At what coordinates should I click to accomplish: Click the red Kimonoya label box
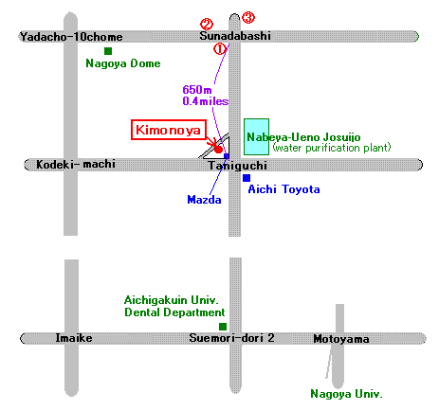(169, 130)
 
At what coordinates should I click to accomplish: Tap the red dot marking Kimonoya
(218, 149)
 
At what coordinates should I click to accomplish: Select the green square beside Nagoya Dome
(108, 51)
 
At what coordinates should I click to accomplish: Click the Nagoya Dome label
(123, 63)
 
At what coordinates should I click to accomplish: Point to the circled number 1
(220, 49)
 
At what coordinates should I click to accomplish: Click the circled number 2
(207, 24)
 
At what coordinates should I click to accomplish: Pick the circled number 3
(248, 17)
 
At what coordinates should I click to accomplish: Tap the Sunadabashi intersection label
(235, 36)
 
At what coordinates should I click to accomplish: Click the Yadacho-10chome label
(71, 37)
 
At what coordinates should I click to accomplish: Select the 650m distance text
(197, 90)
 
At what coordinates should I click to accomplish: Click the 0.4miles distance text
(206, 101)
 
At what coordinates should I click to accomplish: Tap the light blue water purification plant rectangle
(256, 136)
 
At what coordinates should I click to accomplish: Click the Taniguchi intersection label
(238, 166)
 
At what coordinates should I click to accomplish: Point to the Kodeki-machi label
(76, 164)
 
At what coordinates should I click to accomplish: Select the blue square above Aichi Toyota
(247, 178)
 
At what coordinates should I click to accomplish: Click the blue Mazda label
(204, 200)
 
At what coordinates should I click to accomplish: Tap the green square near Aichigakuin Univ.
(223, 327)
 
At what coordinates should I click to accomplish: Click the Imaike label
(74, 338)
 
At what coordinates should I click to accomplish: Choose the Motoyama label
(341, 339)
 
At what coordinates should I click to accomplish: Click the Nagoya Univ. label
(346, 394)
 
